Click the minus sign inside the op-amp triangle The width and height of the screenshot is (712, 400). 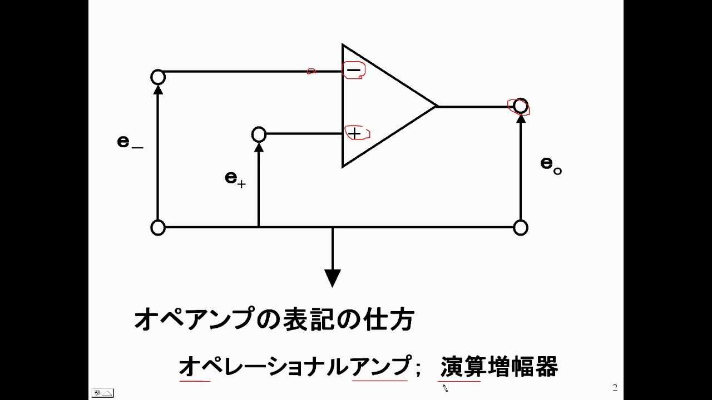coord(353,70)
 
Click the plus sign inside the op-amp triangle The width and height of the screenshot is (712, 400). coord(354,133)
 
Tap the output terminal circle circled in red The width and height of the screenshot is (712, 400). coord(520,106)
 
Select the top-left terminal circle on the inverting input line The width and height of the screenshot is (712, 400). coord(158,77)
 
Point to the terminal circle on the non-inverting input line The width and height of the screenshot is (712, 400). coord(259,134)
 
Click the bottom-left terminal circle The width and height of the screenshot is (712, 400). coord(158,228)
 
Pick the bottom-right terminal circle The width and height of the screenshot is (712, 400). coord(520,228)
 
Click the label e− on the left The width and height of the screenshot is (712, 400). coord(130,142)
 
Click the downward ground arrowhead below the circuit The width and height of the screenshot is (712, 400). coord(333,277)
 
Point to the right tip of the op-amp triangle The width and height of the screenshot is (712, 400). coord(436,106)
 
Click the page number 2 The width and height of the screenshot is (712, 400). coord(615,388)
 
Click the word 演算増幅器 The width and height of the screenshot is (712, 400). coord(499,367)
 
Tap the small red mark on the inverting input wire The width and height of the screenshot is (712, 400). coord(311,71)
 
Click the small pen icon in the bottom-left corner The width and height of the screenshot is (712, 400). coord(102,393)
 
